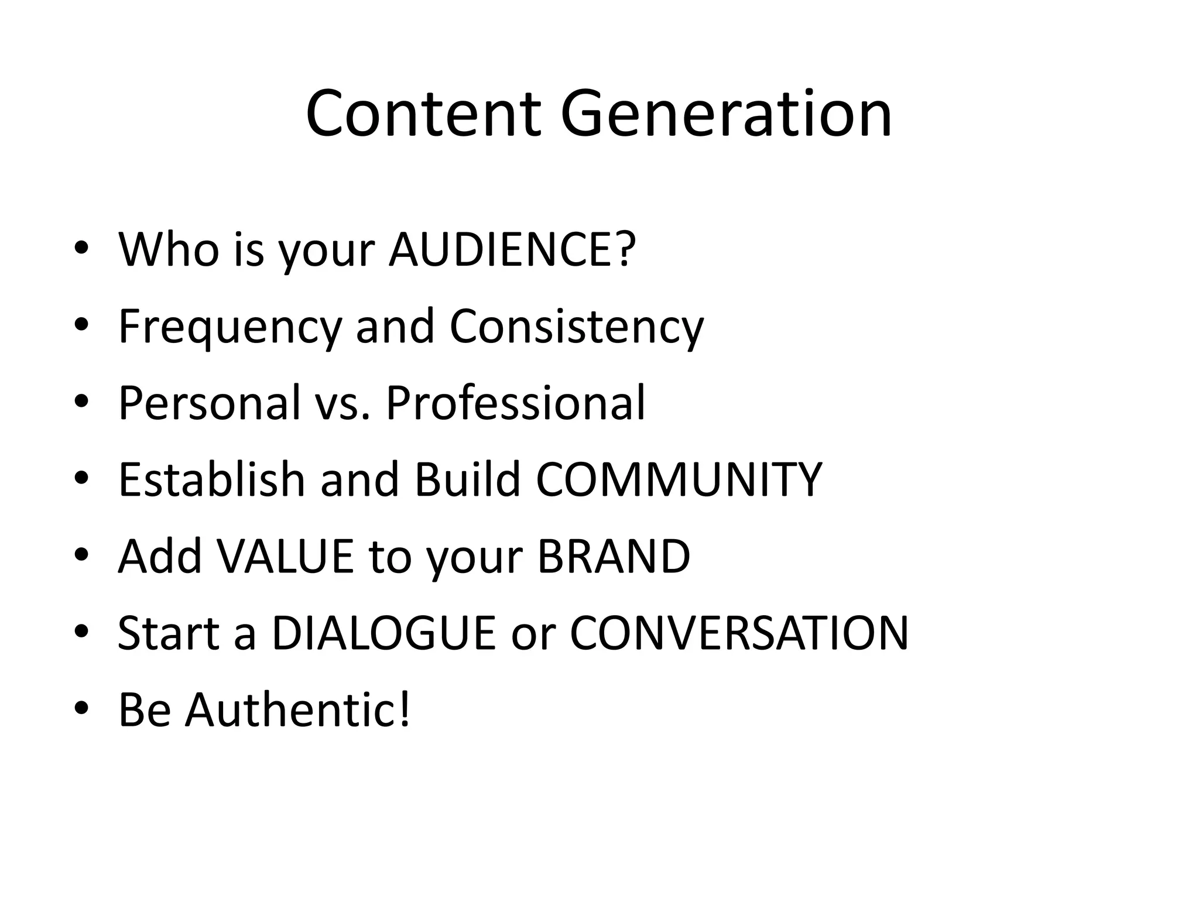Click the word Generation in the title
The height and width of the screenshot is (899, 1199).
pyautogui.click(x=726, y=114)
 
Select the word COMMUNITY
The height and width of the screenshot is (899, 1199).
pyautogui.click(x=679, y=479)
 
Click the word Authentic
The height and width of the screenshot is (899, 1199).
pyautogui.click(x=298, y=709)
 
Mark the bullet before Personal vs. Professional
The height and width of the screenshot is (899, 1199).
pyautogui.click(x=81, y=403)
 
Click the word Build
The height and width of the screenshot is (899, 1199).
pyautogui.click(x=467, y=479)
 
